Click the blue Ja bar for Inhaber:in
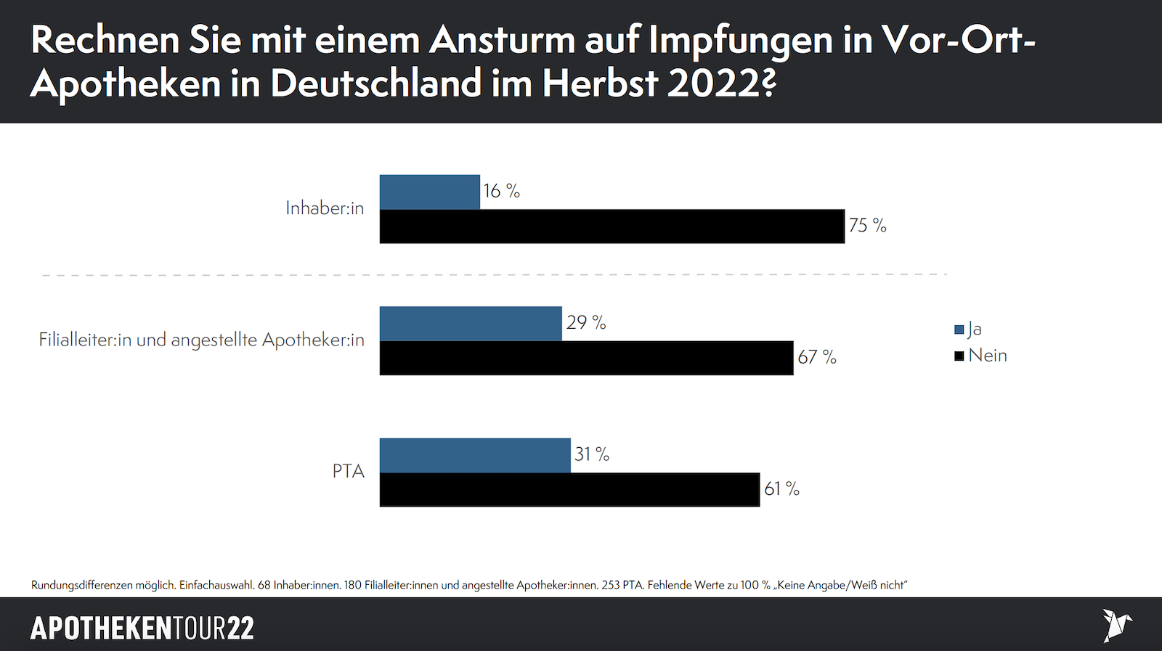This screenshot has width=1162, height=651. pos(430,192)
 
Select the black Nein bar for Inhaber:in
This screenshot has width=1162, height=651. pos(612,226)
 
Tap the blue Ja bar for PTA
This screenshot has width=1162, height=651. pos(475,456)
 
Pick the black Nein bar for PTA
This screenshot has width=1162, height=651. pos(569,490)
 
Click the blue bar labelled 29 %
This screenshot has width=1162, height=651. pos(471,324)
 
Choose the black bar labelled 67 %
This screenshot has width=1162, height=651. pos(586,358)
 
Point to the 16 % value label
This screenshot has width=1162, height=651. pos(502,191)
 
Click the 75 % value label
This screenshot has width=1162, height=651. pos(868,226)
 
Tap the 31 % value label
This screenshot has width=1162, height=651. pos(592,454)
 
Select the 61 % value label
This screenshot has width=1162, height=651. pos(781,489)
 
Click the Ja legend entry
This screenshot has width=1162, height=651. pos(969,329)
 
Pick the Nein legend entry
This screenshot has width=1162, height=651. pos(981,356)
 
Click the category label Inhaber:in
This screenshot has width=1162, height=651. pos(325,208)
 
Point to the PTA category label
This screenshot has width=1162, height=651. pos(349,472)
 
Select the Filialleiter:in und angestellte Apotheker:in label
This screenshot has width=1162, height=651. pos(202,340)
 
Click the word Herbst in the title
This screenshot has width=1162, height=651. pos(600,83)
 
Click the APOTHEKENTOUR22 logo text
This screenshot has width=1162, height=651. pos(142,629)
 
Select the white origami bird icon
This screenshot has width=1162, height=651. pos(1116,625)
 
